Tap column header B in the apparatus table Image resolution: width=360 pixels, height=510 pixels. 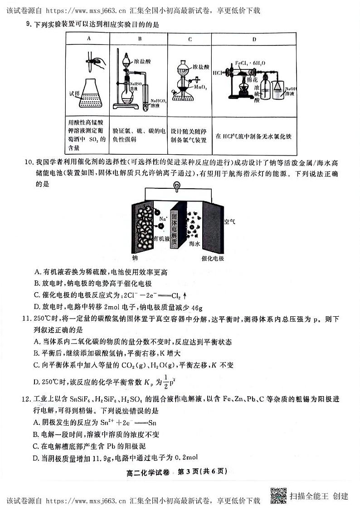[140, 39]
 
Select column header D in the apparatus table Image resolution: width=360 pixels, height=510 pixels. [254, 39]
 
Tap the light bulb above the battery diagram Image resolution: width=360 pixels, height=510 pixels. [177, 186]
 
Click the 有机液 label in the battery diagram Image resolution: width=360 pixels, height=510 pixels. [161, 238]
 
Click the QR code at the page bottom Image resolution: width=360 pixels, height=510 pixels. [278, 495]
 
